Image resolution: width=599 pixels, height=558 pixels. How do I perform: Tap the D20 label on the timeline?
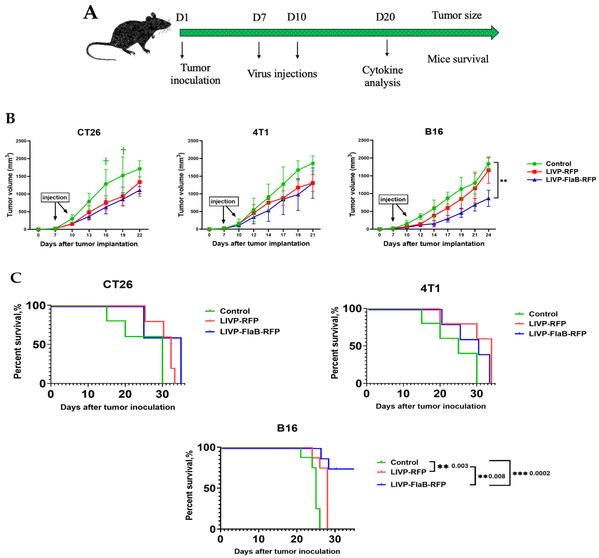tap(385, 17)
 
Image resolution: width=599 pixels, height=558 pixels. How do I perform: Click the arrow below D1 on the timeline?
tap(182, 50)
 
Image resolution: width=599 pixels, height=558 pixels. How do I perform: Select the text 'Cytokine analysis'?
tap(382, 76)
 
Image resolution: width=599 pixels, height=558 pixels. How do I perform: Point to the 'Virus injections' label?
tap(282, 74)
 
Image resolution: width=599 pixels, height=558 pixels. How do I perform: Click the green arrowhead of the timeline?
tap(495, 33)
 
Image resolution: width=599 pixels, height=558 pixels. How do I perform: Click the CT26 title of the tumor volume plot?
tap(89, 132)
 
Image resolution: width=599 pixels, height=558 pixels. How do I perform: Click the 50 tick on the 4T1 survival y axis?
tap(355, 346)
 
